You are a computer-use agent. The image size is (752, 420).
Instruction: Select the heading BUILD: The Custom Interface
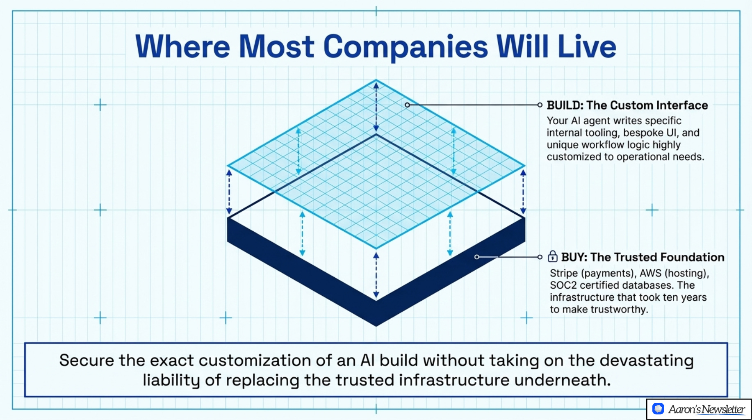pos(627,105)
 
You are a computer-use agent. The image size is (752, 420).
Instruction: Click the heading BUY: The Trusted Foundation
pos(643,257)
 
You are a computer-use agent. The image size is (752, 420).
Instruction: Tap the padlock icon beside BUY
pos(553,257)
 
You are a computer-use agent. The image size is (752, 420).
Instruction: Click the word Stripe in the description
pos(564,274)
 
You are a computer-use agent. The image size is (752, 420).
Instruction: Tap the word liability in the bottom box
pos(171,380)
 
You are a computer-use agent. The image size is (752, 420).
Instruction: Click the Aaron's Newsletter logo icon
pos(658,409)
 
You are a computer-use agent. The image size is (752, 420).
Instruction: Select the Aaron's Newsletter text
pos(706,409)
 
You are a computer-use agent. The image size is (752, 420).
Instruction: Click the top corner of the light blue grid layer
pos(376,80)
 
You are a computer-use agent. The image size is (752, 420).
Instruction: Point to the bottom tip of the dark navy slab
pos(376,325)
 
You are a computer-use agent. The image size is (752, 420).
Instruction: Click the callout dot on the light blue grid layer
pos(407,105)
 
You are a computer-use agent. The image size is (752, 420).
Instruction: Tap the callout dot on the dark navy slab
pos(476,257)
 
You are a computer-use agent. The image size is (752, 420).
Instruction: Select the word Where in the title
pos(182,47)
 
